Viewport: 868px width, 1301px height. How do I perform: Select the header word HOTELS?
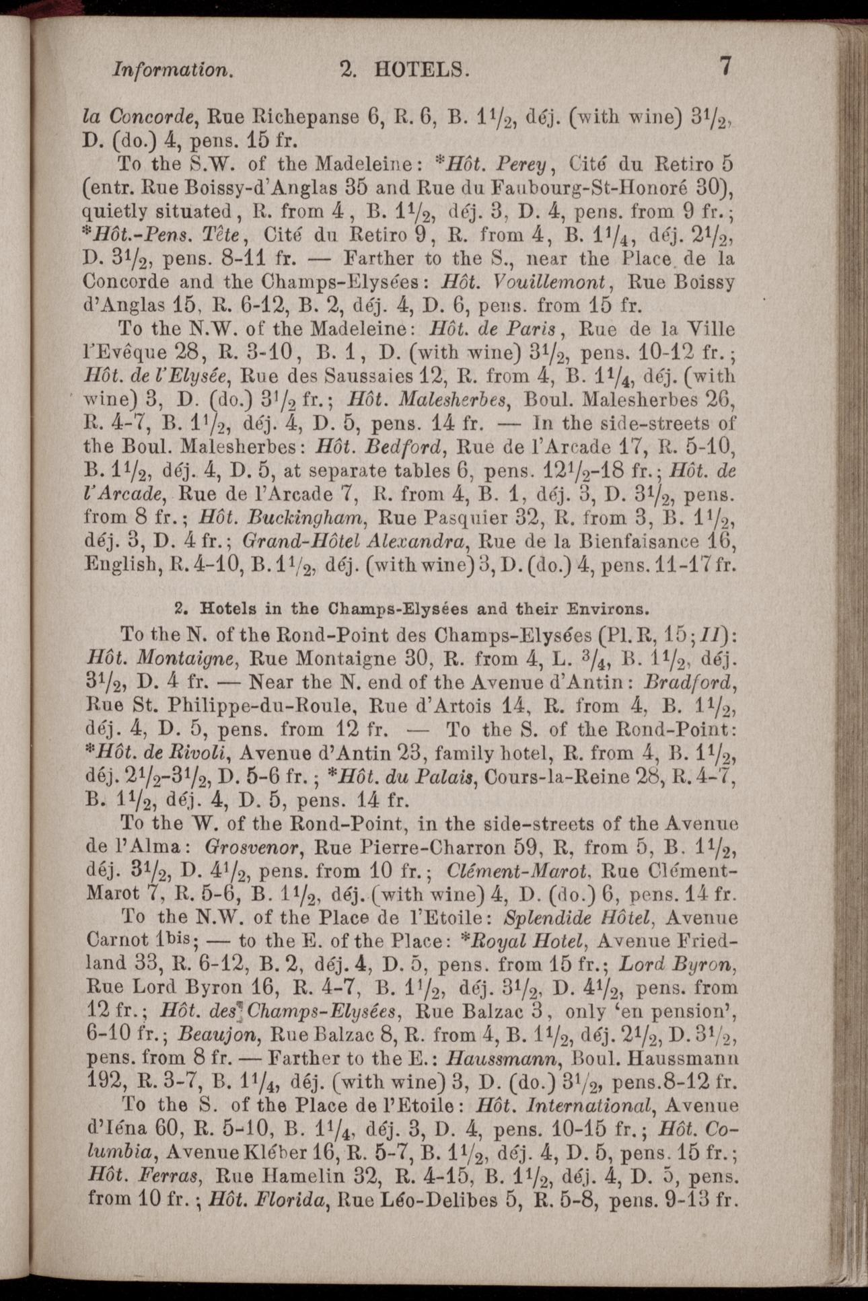[x=421, y=69]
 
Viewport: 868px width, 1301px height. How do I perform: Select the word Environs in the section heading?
[x=609, y=609]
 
